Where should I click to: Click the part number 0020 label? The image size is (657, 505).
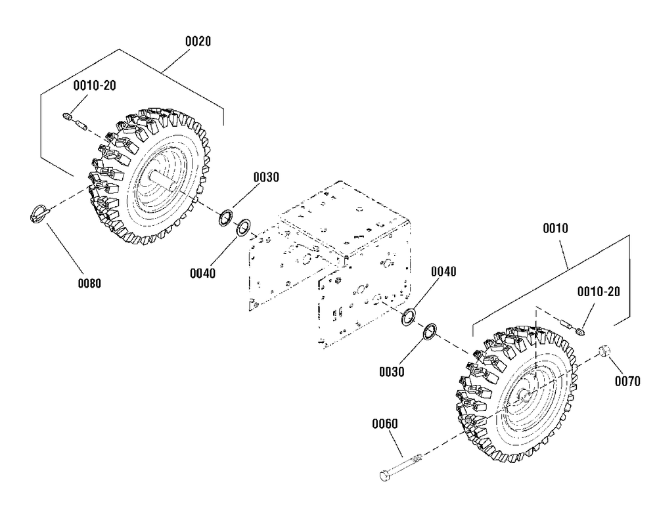[198, 41]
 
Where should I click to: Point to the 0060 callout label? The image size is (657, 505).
[384, 424]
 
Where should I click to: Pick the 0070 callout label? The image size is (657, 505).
[627, 381]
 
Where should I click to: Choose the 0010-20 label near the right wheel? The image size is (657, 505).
[599, 292]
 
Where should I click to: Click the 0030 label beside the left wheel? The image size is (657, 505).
[266, 177]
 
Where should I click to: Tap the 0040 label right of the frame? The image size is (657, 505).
[443, 271]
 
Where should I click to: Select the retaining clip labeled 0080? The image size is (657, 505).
[39, 213]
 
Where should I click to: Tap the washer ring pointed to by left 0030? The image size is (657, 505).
[227, 217]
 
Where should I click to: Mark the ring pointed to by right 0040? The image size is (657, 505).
[409, 317]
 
